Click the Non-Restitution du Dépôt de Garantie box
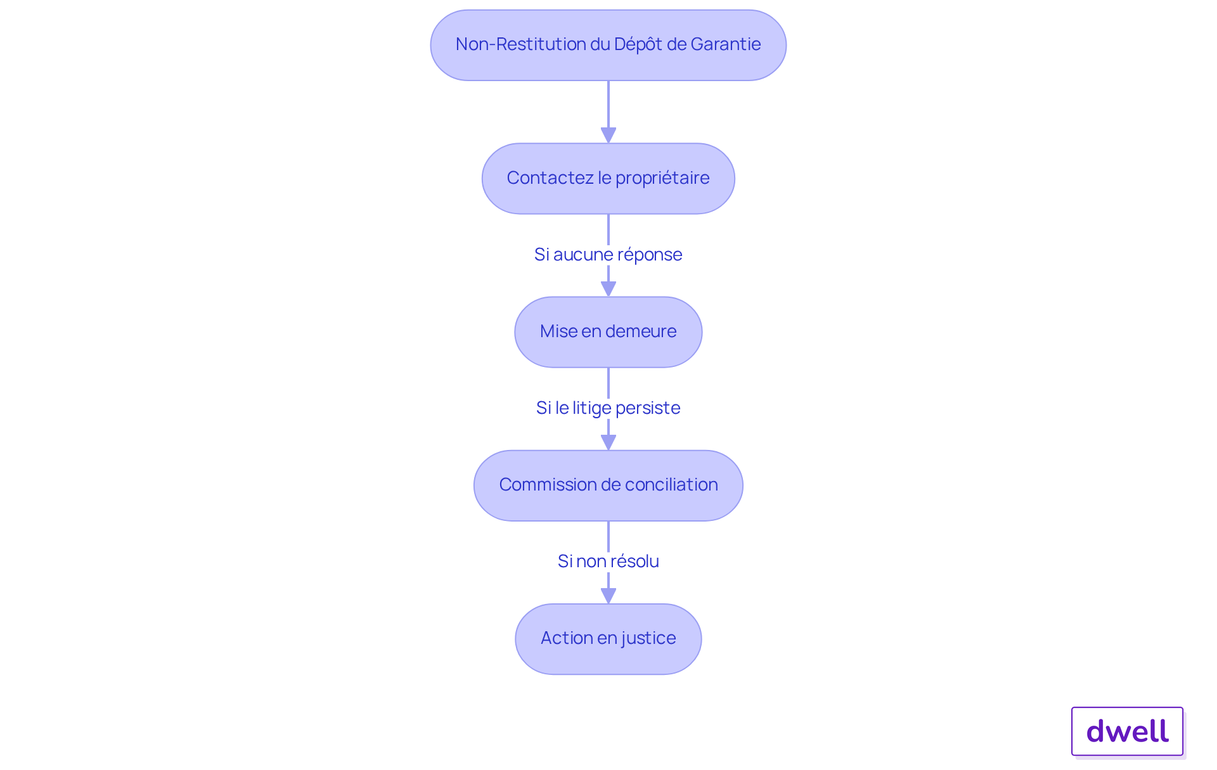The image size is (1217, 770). coord(608,45)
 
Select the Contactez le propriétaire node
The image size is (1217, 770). coord(608,179)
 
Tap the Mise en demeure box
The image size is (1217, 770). coord(608,332)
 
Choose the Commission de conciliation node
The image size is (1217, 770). coord(608,485)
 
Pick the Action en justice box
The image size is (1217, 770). coord(608,639)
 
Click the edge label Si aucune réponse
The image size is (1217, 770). coord(608,255)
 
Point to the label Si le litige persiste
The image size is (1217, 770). coord(608,408)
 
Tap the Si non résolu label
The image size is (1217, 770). coord(608,561)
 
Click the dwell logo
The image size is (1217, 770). coord(1128,731)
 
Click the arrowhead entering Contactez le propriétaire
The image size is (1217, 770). coord(608,136)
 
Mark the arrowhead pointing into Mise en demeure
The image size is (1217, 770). coord(608,289)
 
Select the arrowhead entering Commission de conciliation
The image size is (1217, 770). coord(608,442)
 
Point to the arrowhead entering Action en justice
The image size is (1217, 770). coord(608,596)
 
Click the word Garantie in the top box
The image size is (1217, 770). coord(726,44)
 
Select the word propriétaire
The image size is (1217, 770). coord(662,179)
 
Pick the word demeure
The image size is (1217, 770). coord(641,331)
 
